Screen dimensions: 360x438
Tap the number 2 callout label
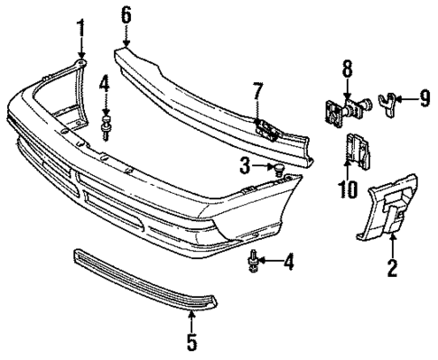[x=392, y=267]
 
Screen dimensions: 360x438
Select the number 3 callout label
[x=244, y=165]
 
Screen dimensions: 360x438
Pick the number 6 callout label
[x=126, y=14]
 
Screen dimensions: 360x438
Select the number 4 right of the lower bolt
[x=288, y=263]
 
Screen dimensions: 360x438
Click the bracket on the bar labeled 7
[x=267, y=125]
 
